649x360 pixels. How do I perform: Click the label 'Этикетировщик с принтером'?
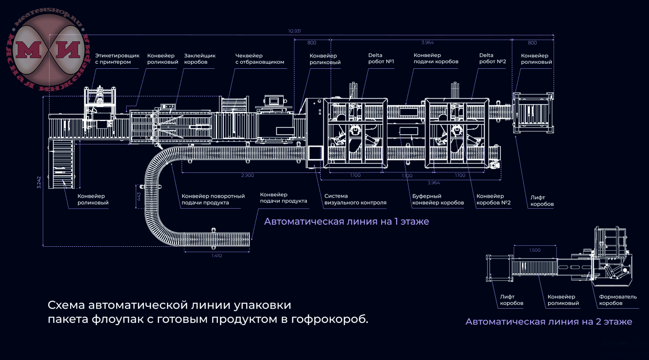117,59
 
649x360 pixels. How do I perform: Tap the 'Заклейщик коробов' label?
200,59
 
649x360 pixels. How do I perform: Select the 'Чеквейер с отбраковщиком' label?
260,59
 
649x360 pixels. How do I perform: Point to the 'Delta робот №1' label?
381,58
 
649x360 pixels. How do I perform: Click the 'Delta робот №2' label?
492,58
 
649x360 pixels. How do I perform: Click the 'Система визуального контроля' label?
355,199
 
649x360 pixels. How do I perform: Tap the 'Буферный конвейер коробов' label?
438,199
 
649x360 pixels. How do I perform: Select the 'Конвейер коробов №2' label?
494,199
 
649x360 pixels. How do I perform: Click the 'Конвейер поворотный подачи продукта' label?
213,199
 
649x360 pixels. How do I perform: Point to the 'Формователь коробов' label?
618,300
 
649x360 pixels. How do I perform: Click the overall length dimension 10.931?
294,31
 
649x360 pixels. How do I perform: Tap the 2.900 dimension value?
247,175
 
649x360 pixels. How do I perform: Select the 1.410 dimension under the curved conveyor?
217,255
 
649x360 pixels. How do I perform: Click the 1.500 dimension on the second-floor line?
535,250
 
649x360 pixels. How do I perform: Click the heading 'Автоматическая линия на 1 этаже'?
346,222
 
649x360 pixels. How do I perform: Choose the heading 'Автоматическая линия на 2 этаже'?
549,321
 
